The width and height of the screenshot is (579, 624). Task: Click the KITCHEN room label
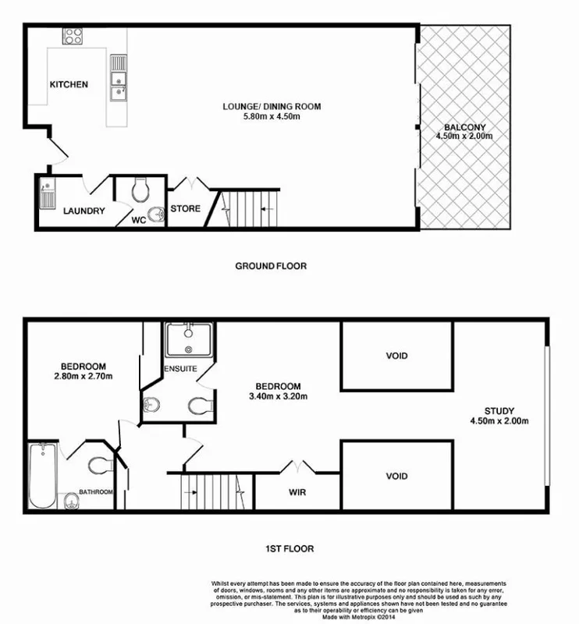pos(69,85)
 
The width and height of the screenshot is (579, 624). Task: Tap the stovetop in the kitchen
pos(73,36)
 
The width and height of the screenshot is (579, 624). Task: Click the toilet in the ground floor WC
pos(141,189)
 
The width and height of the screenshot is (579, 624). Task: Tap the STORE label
pos(185,208)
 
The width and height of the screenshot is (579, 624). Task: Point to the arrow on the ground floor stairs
pos(263,209)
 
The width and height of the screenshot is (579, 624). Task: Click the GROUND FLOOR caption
pos(271,266)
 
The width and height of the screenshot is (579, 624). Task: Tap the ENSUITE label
pos(179,367)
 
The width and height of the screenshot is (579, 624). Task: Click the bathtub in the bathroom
pos(41,476)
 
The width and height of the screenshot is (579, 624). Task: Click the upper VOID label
pos(396,356)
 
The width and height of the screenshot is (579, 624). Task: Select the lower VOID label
pos(396,476)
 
